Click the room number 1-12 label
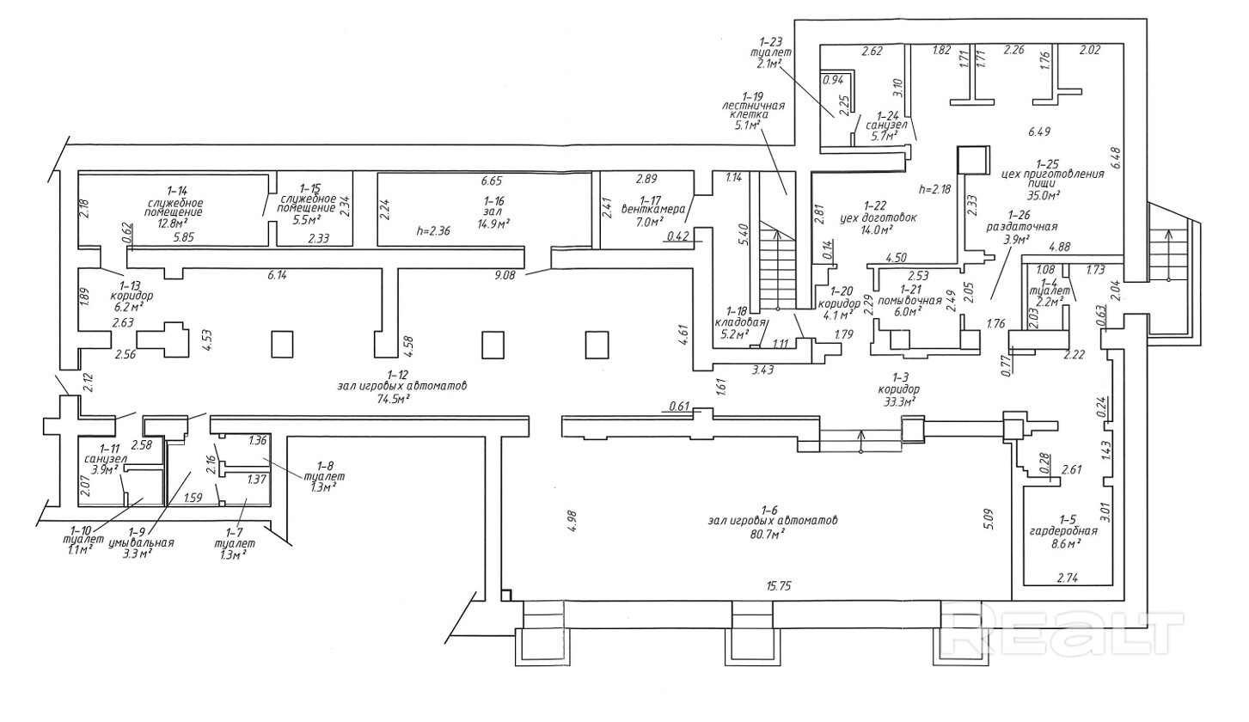(397, 374)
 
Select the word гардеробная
(1067, 531)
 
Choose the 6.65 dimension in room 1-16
(492, 180)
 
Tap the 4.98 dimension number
(572, 522)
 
